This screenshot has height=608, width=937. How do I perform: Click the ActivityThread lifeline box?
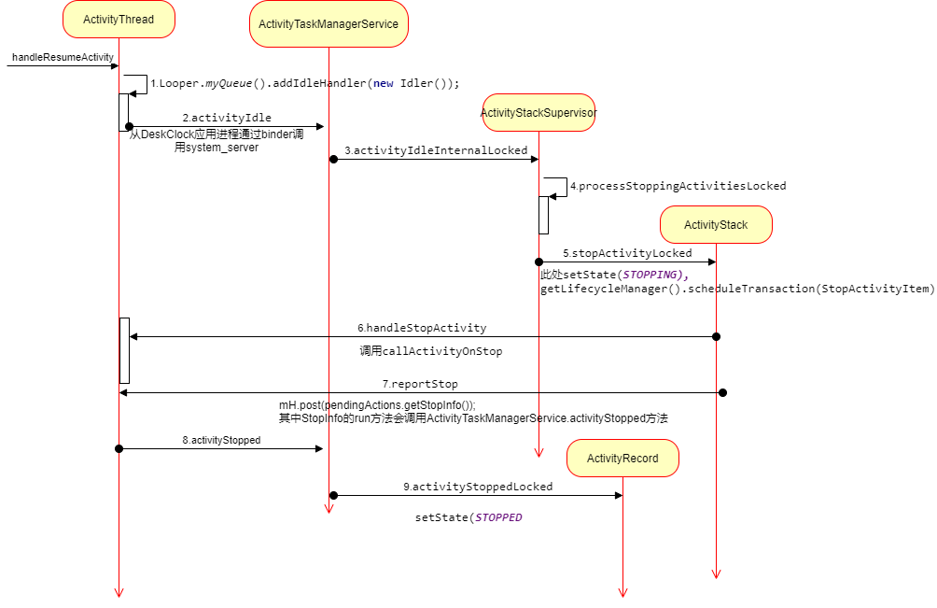[119, 20]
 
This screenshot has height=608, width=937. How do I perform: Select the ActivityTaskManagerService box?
[328, 23]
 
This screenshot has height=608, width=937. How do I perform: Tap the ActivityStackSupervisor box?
[538, 113]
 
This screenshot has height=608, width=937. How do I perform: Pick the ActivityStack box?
[716, 225]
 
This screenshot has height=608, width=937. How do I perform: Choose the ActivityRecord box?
[622, 459]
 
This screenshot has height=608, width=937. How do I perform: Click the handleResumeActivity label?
[63, 57]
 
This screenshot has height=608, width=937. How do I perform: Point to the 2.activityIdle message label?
[227, 118]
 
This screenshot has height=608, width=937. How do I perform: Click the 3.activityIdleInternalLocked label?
[436, 150]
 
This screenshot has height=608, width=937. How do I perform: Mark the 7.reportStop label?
[420, 384]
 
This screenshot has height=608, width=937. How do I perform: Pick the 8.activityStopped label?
[221, 440]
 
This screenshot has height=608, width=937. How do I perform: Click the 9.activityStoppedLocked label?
[478, 487]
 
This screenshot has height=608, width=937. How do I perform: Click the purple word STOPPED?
[498, 517]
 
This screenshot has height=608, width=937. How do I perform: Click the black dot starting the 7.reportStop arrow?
[722, 392]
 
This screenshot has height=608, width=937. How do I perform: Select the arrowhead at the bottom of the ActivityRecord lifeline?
[622, 592]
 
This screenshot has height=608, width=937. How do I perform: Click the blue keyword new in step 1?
[383, 83]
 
